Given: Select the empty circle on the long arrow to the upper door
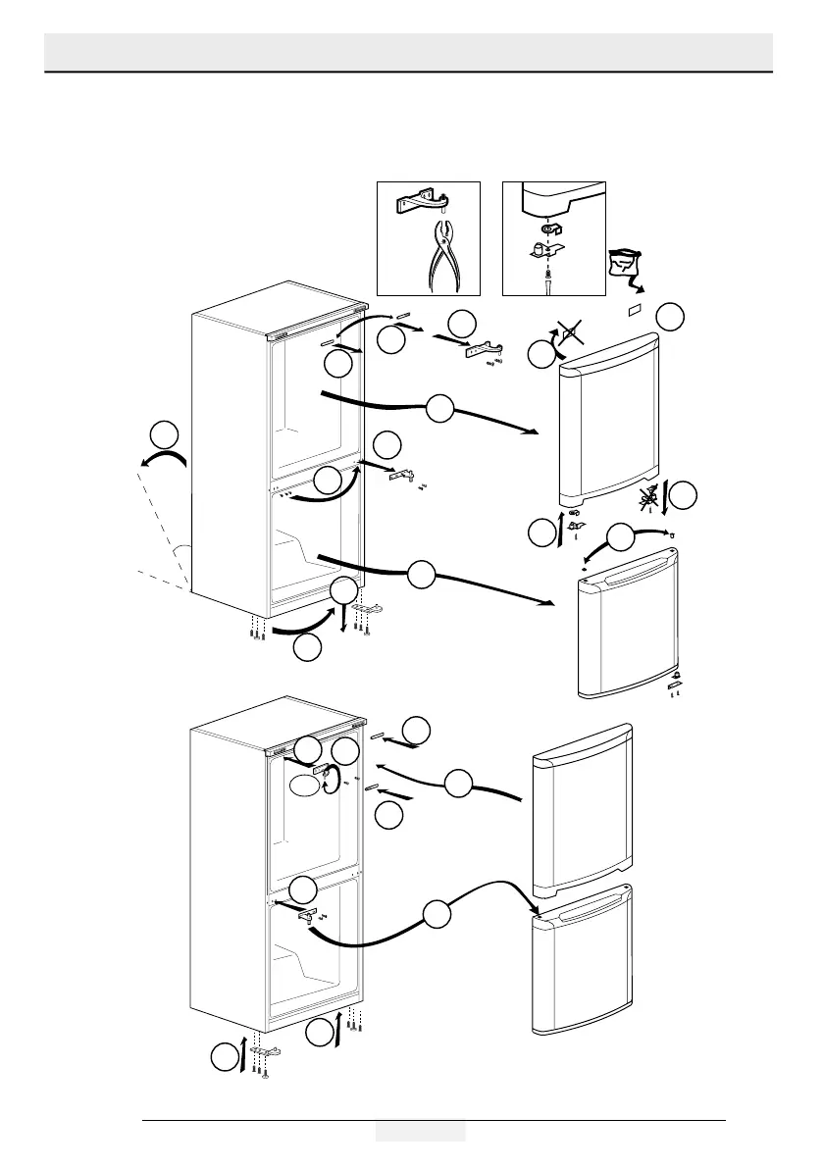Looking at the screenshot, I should tap(439, 409).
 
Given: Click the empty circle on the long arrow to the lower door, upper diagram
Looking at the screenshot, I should tap(422, 574).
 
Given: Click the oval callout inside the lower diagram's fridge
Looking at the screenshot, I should tap(304, 785).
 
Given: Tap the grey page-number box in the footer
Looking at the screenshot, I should tap(420, 1132).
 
